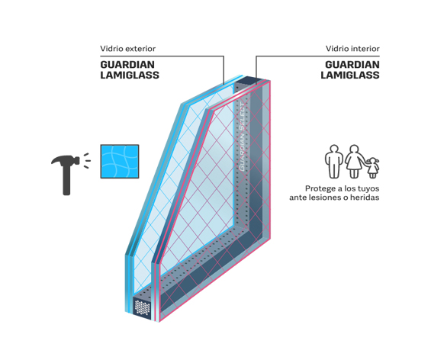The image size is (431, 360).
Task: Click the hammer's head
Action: [65, 160]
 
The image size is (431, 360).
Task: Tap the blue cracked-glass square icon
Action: [120, 161]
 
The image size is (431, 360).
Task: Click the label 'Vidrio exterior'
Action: [128, 49]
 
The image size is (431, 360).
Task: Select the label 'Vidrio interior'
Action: [352, 49]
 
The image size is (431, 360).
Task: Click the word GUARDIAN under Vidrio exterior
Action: [127, 65]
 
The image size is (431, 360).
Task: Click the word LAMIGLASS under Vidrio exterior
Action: [130, 75]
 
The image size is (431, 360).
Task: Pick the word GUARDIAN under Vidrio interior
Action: [352, 65]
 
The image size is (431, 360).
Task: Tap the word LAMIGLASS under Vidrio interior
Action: [350, 75]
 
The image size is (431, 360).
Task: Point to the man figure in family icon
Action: [334, 161]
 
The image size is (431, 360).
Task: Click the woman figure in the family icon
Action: [354, 161]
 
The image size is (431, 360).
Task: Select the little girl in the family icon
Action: [373, 168]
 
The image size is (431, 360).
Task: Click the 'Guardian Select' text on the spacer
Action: [242, 137]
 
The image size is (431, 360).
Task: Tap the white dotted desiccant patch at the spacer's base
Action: [142, 307]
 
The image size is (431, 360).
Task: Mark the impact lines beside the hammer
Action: [87, 160]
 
